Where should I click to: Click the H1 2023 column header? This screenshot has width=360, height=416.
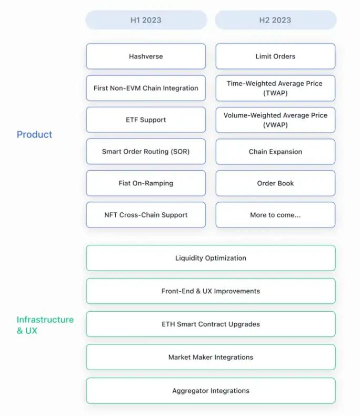(x=146, y=20)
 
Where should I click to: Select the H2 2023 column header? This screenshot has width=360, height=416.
(x=275, y=20)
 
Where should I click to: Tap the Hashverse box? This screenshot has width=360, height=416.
(x=146, y=56)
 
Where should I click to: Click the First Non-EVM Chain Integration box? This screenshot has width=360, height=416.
(x=146, y=88)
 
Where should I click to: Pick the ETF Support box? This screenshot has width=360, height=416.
(x=146, y=120)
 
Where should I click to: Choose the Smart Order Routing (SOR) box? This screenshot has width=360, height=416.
(x=146, y=152)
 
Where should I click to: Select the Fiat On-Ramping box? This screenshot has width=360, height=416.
(x=146, y=183)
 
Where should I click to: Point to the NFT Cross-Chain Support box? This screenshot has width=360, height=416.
(x=146, y=215)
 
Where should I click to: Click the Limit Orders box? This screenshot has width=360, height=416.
(x=275, y=56)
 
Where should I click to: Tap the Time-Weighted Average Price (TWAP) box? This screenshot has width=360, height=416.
(x=275, y=88)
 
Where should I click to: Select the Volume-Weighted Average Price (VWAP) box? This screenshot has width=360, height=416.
(x=275, y=120)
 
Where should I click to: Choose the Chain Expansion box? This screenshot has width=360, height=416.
(x=275, y=152)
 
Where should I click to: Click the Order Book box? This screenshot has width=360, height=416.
(x=275, y=183)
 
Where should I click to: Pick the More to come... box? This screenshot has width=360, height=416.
(x=275, y=215)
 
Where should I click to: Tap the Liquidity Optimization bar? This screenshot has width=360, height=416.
(x=211, y=258)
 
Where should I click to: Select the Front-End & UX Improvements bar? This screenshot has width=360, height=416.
(x=211, y=291)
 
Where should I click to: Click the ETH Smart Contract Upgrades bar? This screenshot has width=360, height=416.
(x=211, y=324)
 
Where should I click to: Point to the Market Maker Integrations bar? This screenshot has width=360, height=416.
(x=211, y=357)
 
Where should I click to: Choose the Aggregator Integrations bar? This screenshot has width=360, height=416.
(x=211, y=391)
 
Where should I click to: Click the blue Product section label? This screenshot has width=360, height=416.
(x=35, y=135)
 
